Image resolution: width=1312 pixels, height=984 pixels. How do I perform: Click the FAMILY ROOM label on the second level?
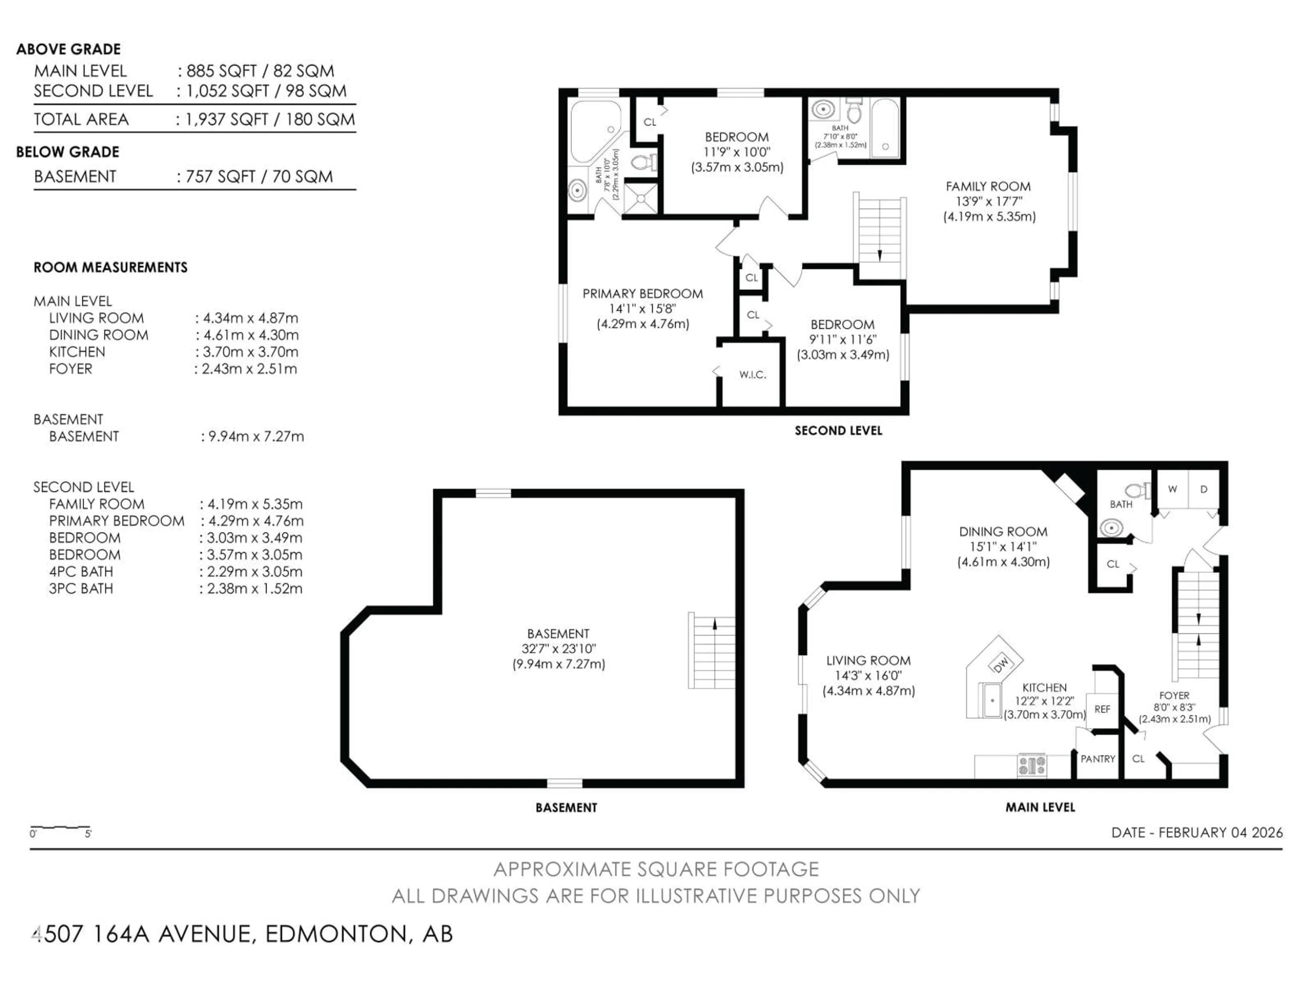988,186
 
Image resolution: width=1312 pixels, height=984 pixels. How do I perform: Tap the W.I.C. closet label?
753,375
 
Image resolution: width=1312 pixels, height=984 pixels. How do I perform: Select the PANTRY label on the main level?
1097,758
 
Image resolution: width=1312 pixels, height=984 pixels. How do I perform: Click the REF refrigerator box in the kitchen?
1102,709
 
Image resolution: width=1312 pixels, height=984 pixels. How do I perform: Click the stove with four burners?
1032,765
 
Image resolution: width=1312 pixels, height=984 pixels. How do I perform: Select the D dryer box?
1203,489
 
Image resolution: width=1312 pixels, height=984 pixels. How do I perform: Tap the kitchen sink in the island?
992,700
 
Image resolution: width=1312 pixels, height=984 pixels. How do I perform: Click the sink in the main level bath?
1111,527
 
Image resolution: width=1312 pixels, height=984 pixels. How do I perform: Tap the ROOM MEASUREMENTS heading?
110,268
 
